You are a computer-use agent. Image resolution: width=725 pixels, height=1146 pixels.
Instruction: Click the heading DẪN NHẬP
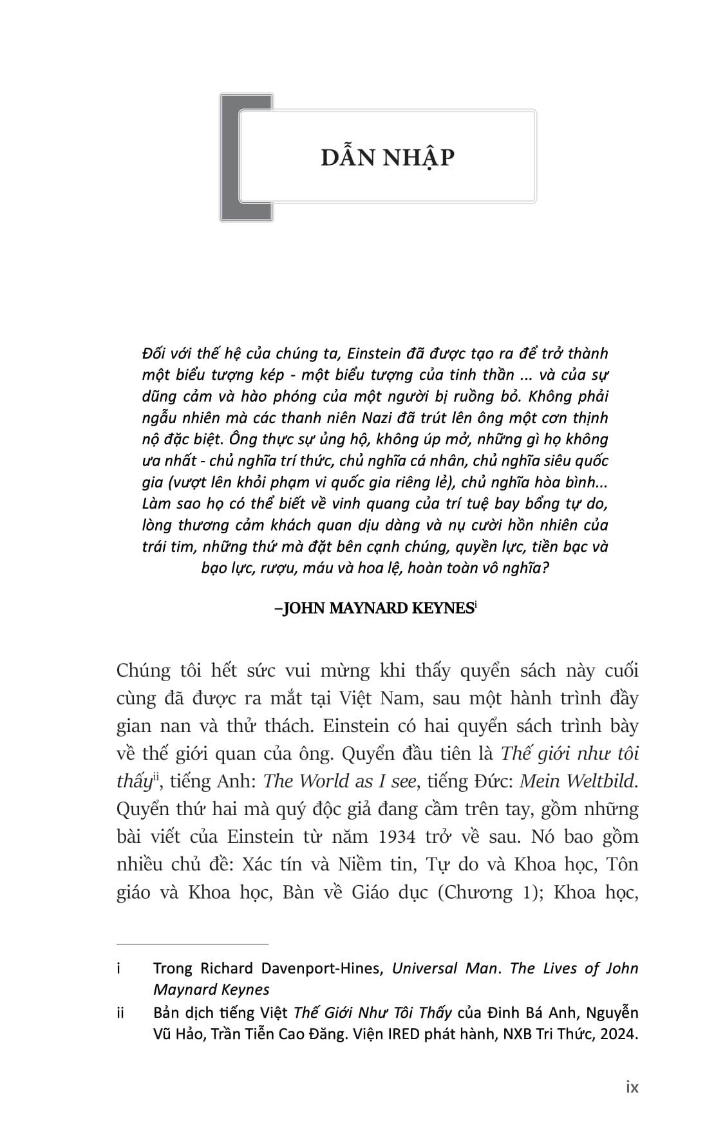388,157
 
